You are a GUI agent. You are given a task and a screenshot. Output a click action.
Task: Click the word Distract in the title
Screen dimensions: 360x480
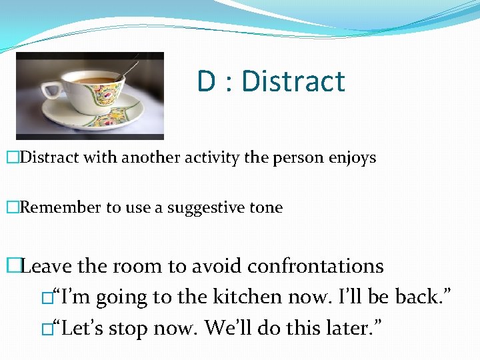click(293, 81)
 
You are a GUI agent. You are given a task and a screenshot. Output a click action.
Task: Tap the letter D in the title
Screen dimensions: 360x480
click(205, 81)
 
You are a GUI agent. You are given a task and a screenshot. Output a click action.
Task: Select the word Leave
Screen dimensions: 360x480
click(47, 266)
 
